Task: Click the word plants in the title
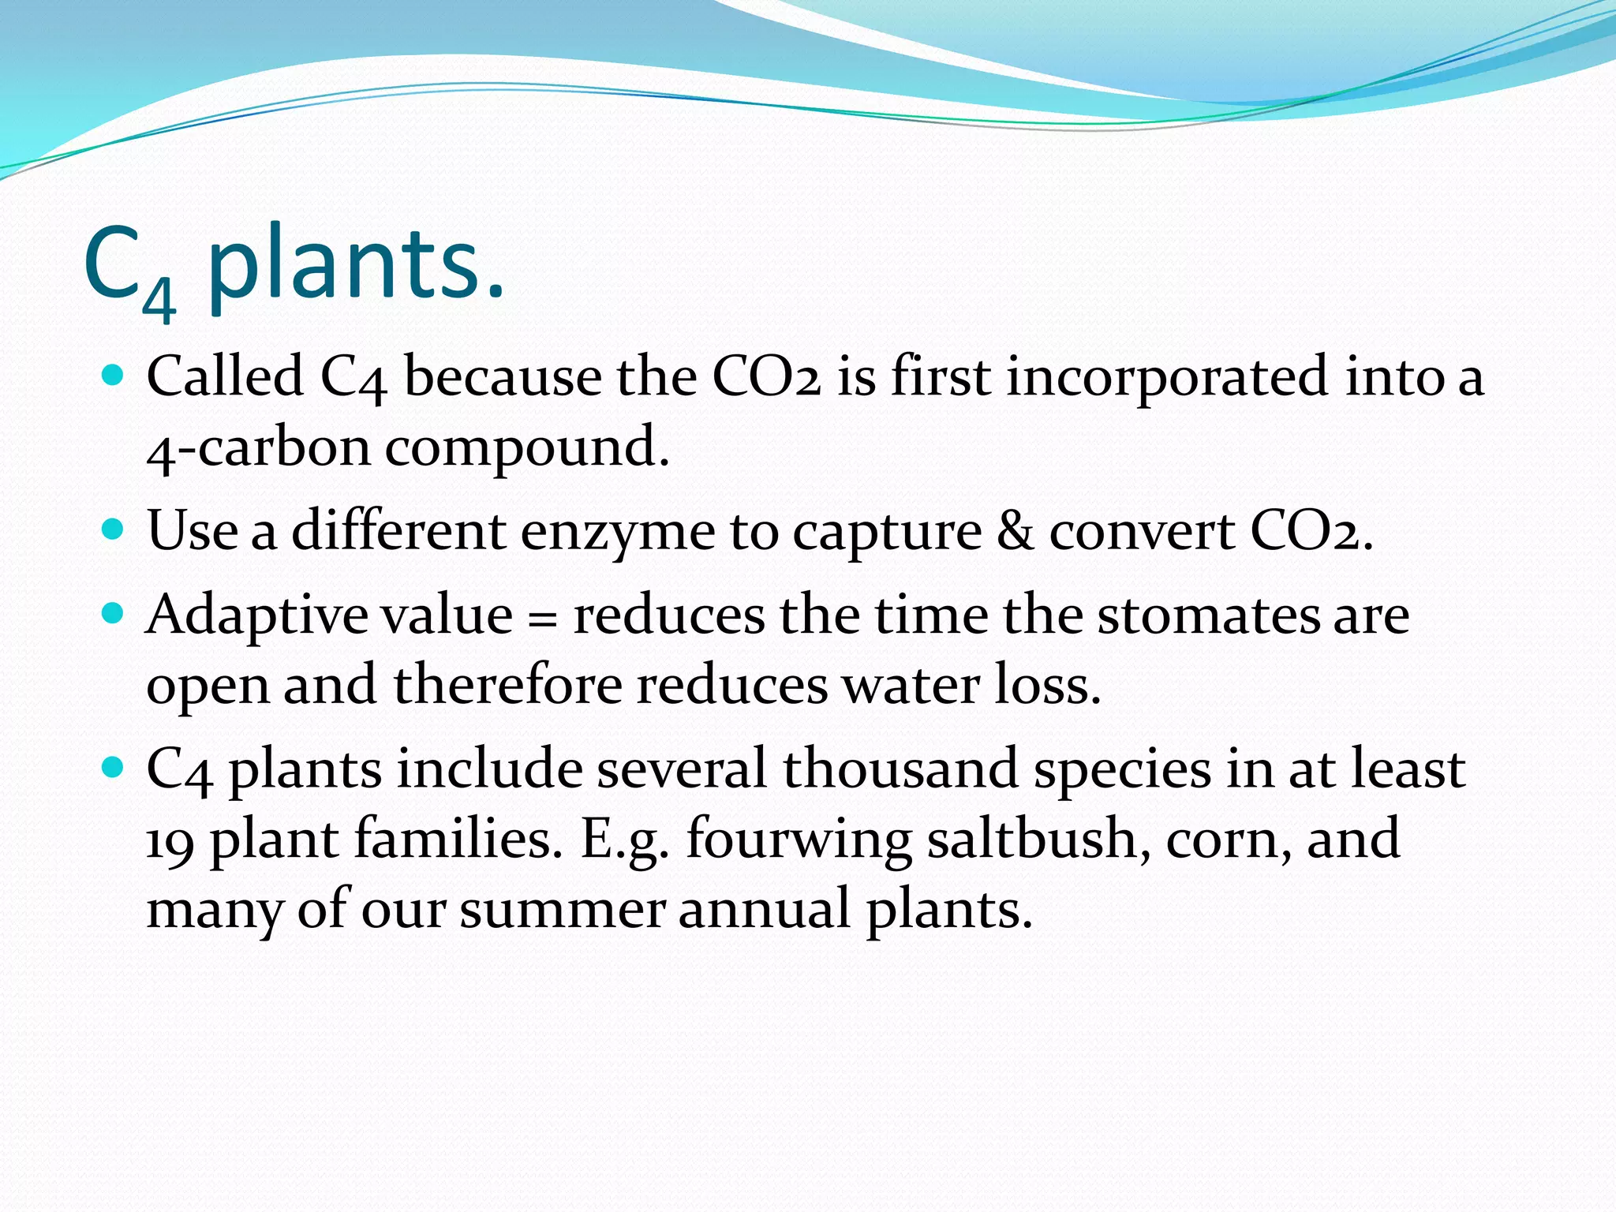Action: [x=355, y=264]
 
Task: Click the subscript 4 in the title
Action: [x=159, y=300]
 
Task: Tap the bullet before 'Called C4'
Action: [x=114, y=374]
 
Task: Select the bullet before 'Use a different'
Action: [x=114, y=529]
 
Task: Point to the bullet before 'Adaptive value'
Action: [x=114, y=613]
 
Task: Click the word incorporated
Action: [x=1168, y=376]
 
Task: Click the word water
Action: [x=911, y=685]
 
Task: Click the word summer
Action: [x=562, y=910]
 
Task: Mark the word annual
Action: [x=765, y=909]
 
